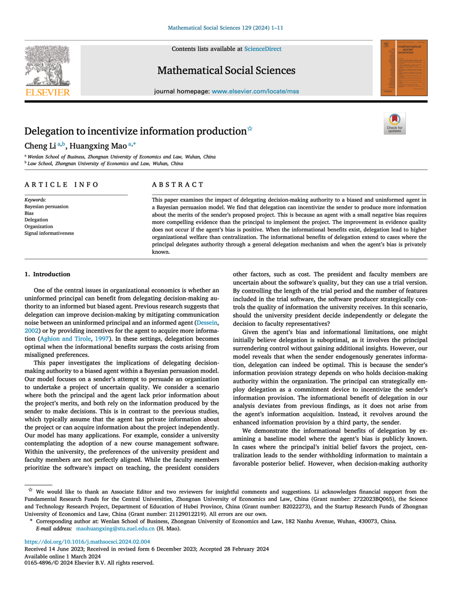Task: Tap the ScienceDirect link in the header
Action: point(262,49)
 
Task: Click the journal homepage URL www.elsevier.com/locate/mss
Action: point(255,91)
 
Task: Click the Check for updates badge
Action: point(394,123)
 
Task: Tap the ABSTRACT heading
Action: point(177,184)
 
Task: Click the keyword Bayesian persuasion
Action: point(47,207)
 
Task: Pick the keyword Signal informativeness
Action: point(49,233)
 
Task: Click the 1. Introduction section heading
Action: point(47,274)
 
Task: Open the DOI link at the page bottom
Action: point(87,541)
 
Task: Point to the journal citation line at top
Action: point(226,27)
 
